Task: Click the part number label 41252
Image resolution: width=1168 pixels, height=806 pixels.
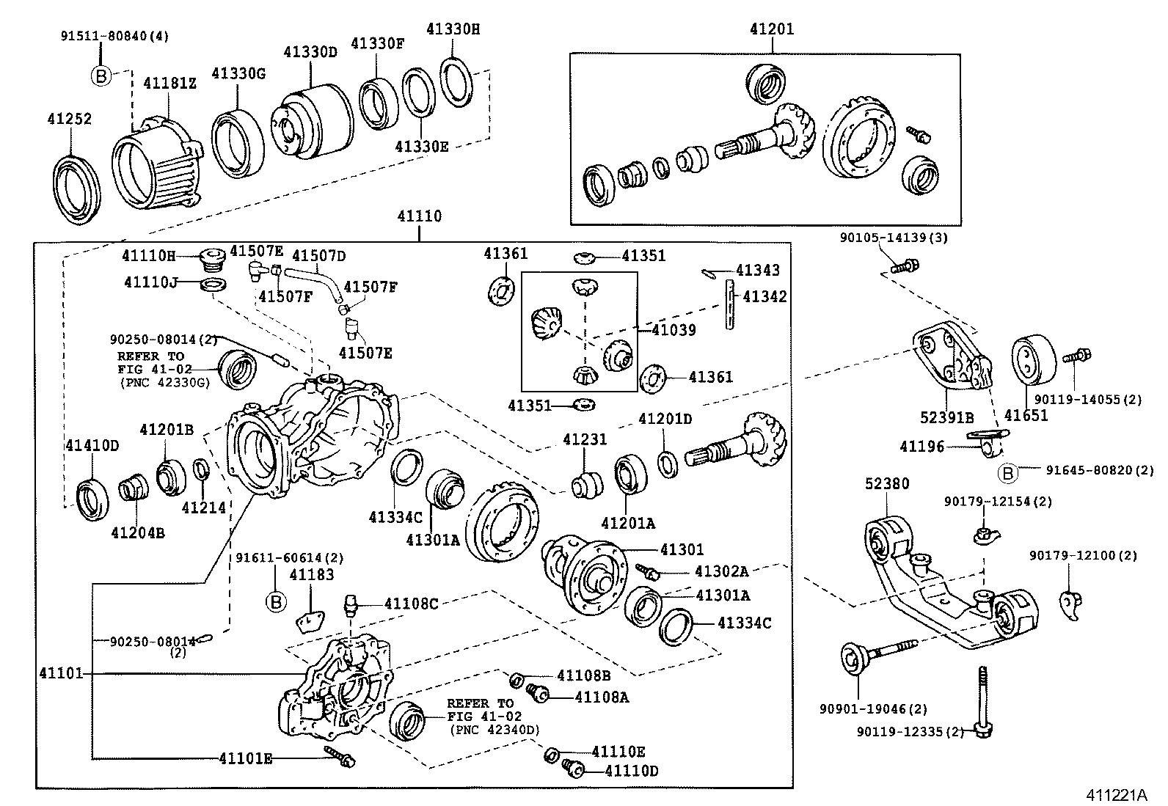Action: (70, 118)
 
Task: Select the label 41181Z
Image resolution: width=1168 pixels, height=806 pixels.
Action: (169, 83)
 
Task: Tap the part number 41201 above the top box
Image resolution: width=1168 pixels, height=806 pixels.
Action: (772, 29)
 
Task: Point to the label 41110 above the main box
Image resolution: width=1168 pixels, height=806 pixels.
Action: (420, 216)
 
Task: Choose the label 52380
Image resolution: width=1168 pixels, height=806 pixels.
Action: (886, 483)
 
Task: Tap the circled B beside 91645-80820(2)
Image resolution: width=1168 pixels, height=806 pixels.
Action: (1008, 474)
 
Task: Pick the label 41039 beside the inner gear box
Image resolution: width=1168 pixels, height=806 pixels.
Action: (674, 330)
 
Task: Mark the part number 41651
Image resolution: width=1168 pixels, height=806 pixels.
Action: (1026, 416)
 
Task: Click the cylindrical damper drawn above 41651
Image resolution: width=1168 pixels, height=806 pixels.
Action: (1034, 360)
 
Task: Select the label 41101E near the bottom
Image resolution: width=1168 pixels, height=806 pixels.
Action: (245, 758)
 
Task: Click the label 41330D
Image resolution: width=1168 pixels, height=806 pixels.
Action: (310, 52)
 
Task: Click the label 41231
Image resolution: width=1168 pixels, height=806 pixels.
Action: (585, 439)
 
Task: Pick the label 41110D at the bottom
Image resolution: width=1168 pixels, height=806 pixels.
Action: (632, 771)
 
